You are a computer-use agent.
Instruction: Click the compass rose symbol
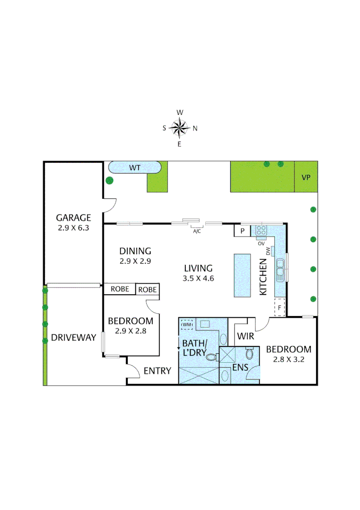click(179, 127)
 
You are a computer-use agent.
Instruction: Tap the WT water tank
click(135, 168)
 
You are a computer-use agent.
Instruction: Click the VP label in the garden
click(306, 178)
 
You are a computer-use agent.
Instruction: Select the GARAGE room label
click(73, 218)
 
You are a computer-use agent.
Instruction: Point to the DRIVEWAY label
click(74, 338)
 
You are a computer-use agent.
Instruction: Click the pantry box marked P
click(242, 231)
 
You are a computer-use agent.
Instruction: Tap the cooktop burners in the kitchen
click(261, 231)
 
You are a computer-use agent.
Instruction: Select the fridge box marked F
click(280, 307)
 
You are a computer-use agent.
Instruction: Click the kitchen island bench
click(243, 275)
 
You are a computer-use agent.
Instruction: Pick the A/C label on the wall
click(197, 231)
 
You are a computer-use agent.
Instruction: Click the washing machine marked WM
click(187, 324)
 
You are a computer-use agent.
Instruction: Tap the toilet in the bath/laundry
click(211, 357)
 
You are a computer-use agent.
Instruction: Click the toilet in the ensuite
click(249, 353)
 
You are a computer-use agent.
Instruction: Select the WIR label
click(246, 337)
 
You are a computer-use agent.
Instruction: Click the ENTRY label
click(157, 371)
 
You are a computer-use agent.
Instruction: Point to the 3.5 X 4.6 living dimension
click(199, 278)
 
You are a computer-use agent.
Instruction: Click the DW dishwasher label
click(268, 251)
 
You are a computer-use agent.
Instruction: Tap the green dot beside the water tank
click(109, 180)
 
